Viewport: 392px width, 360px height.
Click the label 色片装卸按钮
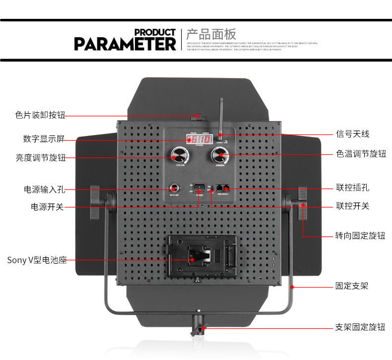coord(40,115)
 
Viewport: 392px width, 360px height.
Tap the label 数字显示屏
coord(43,138)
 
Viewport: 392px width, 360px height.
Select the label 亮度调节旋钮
coord(40,158)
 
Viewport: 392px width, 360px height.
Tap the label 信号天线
coord(352,134)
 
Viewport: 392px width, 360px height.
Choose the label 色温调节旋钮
coord(361,154)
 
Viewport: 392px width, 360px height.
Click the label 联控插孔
coord(352,188)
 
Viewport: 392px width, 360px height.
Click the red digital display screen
coord(199,140)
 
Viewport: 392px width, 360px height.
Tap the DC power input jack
coord(174,189)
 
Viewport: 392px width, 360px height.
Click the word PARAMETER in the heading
coord(125,43)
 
